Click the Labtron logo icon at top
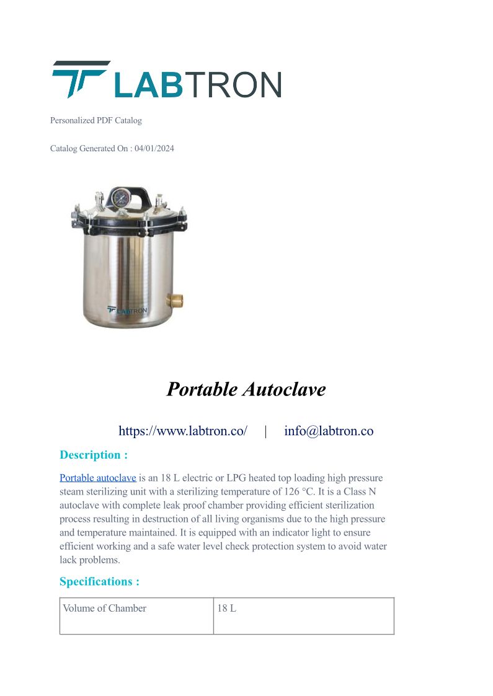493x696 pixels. pyautogui.click(x=79, y=79)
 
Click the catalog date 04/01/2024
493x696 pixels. pyautogui.click(x=154, y=149)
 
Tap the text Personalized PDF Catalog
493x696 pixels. pyautogui.click(x=96, y=120)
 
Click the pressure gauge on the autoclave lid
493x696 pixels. pyautogui.click(x=118, y=199)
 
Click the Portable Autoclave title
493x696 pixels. pyautogui.click(x=246, y=389)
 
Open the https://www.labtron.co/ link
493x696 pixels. pyautogui.click(x=183, y=431)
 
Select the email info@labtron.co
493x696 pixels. pyautogui.click(x=329, y=431)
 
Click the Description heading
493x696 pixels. pyautogui.click(x=94, y=455)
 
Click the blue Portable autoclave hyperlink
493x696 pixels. pyautogui.click(x=98, y=478)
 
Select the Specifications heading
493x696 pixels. pyautogui.click(x=99, y=581)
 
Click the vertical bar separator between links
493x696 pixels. pyautogui.click(x=266, y=431)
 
